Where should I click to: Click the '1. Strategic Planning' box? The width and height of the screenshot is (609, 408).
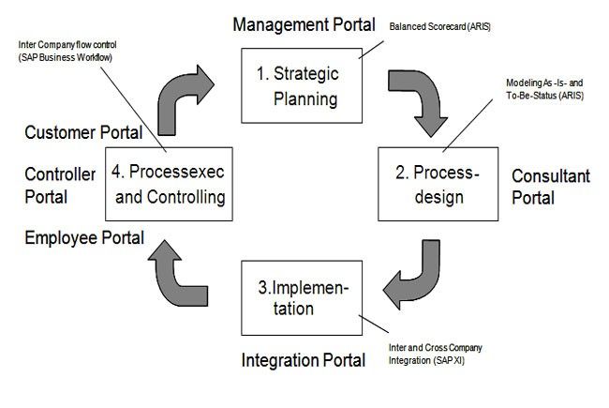[x=302, y=85]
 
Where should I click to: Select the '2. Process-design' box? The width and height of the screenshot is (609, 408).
[x=438, y=184]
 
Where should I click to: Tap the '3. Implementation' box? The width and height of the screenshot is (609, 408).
[x=302, y=298]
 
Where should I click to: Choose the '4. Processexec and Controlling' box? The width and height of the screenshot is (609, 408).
[x=169, y=184]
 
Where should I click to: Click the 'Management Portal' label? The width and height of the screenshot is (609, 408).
[x=304, y=24]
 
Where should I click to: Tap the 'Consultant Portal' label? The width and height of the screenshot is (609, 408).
[x=551, y=187]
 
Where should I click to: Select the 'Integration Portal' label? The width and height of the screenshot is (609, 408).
[x=304, y=360]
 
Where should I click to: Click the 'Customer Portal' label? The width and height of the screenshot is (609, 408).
[x=83, y=132]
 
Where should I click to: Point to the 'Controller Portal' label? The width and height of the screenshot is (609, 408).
[x=60, y=186]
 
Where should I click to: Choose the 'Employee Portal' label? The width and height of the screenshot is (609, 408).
[x=84, y=237]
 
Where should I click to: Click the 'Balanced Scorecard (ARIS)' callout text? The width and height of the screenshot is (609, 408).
[x=439, y=26]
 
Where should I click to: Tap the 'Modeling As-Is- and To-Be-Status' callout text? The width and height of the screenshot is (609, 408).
[x=544, y=89]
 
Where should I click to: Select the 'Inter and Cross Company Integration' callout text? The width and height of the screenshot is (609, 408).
[x=436, y=354]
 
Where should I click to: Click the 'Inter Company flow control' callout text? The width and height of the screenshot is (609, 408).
[x=67, y=51]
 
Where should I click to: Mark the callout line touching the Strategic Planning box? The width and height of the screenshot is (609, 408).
[x=371, y=50]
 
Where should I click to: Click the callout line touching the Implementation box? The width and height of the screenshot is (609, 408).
[x=374, y=324]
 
